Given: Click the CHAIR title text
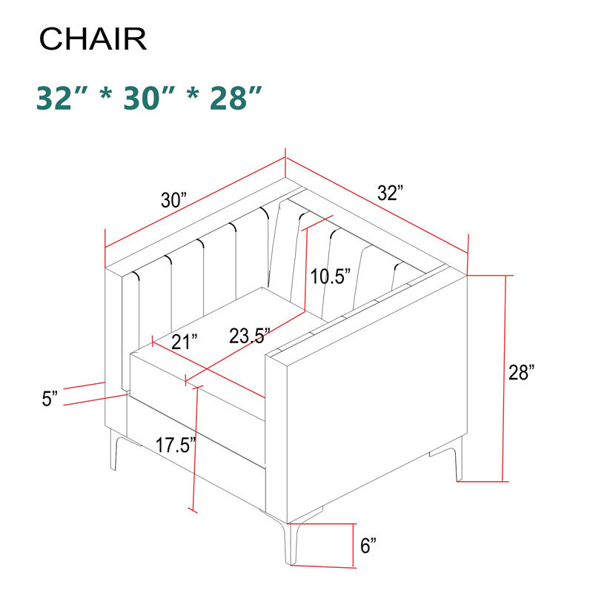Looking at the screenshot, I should click(93, 39).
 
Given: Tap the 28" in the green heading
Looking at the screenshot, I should click(236, 98).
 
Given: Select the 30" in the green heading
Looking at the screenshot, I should click(149, 98).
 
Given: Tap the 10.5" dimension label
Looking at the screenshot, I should click(330, 277).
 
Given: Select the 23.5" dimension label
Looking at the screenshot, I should click(249, 336).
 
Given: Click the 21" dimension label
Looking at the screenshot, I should click(185, 342).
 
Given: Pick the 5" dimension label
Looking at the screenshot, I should click(50, 399).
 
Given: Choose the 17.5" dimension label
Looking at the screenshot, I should click(176, 445).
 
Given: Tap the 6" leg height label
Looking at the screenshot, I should click(368, 546).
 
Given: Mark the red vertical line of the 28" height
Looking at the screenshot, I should click(506, 378).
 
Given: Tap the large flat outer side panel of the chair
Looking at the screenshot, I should click(374, 400).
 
